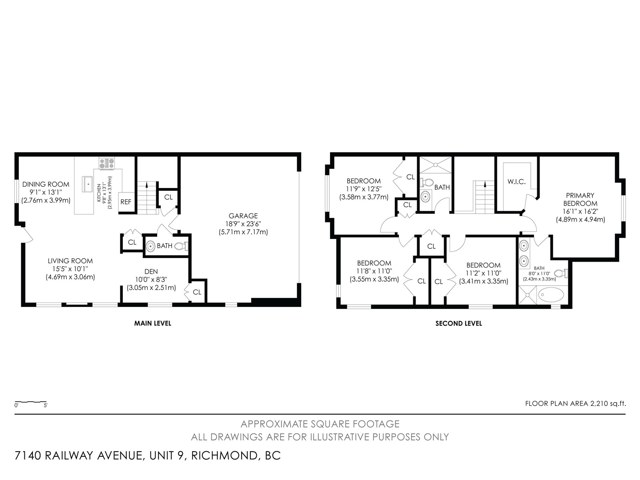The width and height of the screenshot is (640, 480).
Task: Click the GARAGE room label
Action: point(243,216)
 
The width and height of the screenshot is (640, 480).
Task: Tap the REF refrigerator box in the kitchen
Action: point(126,202)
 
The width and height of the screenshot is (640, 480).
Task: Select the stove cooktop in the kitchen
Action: point(107,163)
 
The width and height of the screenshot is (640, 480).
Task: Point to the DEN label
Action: point(151,271)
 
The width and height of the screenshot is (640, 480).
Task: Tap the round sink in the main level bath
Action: point(150,246)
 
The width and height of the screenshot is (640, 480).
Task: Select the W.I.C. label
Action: point(516,182)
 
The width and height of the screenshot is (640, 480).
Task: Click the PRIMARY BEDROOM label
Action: point(580,199)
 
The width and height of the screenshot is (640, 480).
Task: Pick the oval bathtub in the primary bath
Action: point(551,295)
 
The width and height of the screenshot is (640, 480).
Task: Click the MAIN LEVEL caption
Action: point(152,323)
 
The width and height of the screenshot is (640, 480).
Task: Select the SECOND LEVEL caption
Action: point(459,323)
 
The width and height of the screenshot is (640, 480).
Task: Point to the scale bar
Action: point(31,402)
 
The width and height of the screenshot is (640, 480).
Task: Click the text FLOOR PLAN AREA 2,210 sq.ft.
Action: point(576,403)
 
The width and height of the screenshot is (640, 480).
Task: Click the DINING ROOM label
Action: point(46,184)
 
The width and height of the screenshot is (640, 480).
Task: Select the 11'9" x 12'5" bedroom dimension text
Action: point(364,189)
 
